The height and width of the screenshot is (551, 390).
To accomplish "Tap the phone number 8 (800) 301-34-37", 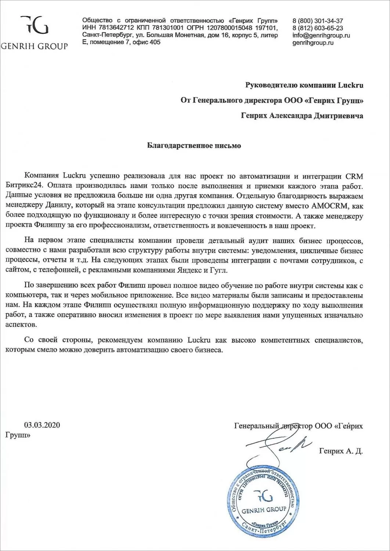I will [318, 21].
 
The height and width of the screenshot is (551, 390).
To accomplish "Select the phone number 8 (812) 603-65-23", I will [318, 28].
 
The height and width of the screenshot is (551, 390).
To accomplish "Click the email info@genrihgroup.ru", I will [321, 35].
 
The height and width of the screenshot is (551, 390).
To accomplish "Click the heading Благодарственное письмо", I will [194, 146].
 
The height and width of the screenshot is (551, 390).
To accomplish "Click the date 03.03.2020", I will [42, 425].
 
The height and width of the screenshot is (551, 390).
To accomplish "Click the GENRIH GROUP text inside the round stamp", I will [264, 509].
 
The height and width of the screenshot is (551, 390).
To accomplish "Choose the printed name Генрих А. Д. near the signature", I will [341, 451].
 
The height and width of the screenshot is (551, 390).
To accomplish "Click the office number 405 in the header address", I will [155, 42].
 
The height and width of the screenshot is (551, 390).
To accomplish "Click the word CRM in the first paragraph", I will [354, 174].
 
